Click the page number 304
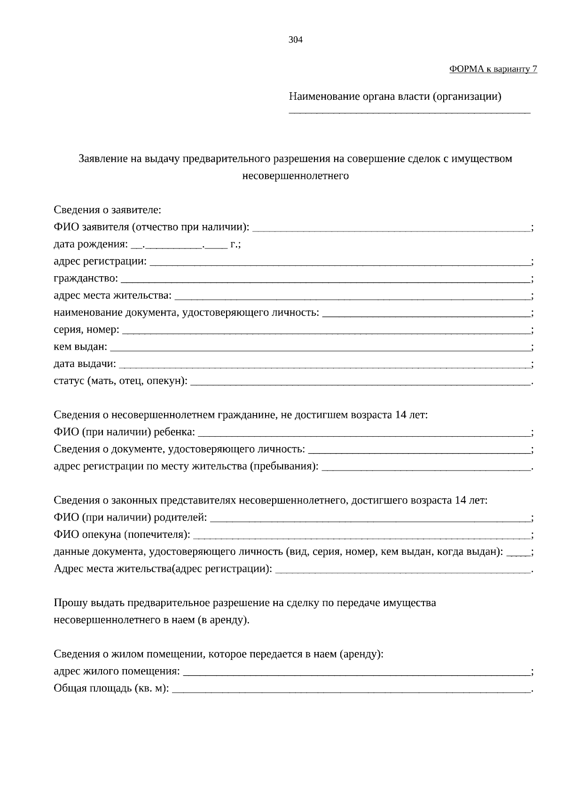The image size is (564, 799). point(295,40)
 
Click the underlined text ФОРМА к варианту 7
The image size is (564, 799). point(493,69)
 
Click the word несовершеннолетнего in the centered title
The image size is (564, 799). point(295,176)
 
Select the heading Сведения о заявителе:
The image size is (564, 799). point(107,210)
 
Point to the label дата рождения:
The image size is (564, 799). point(90,245)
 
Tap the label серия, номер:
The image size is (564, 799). point(86,330)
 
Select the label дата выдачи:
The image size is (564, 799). point(85,364)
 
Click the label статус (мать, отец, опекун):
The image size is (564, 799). point(120,381)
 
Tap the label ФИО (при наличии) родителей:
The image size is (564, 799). point(130,518)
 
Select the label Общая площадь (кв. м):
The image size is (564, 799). point(111,688)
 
